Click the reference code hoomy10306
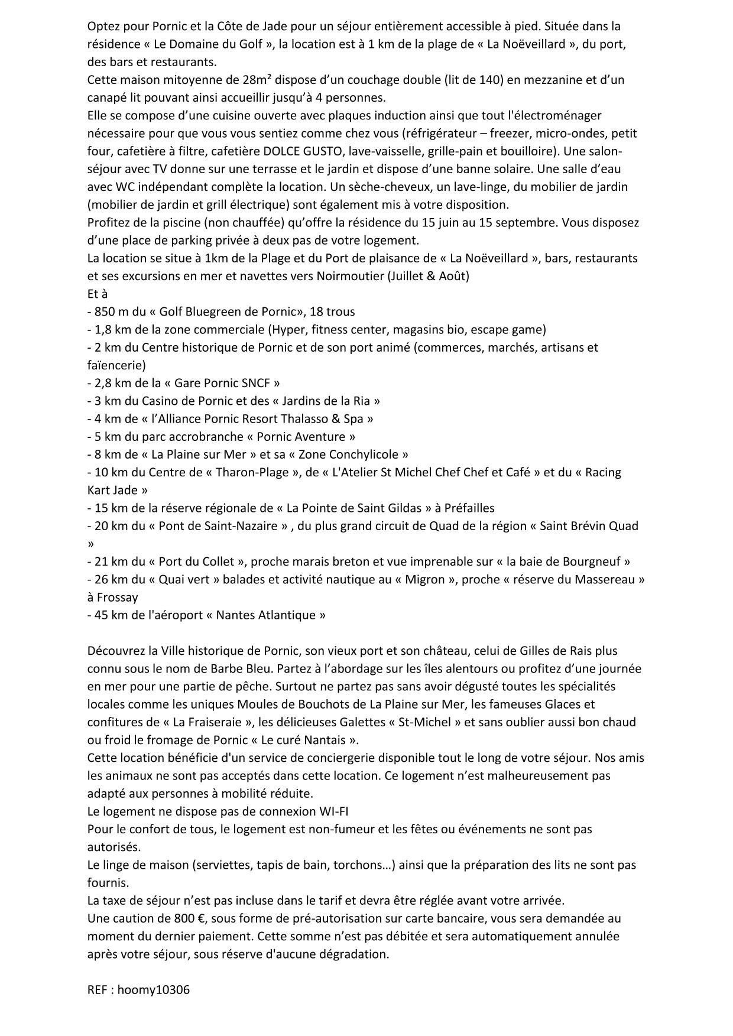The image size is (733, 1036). (x=154, y=990)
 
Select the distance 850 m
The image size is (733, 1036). (x=112, y=311)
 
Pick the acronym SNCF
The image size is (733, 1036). (x=255, y=383)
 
